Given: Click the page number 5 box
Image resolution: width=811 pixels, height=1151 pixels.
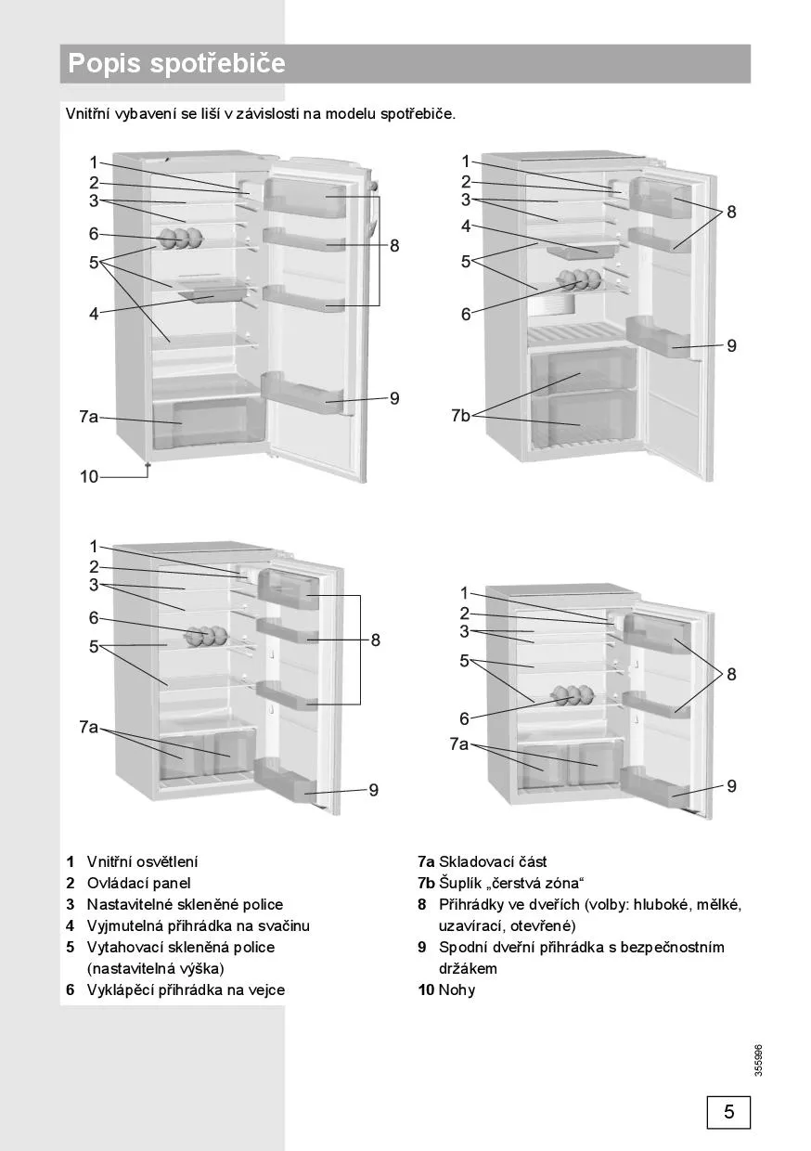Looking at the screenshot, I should [728, 1111].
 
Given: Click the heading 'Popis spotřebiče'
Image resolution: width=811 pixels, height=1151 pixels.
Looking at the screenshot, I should [176, 64].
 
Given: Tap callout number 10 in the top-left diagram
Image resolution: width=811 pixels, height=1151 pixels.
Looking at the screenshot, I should [89, 476].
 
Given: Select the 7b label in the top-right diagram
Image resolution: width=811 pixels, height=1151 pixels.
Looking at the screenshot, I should [460, 415].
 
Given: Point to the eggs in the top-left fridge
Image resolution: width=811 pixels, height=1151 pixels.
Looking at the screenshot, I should [179, 239].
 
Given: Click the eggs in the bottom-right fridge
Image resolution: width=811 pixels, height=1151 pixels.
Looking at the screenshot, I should [572, 695].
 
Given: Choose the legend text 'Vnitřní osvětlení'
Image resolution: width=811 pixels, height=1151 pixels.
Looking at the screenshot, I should [142, 862].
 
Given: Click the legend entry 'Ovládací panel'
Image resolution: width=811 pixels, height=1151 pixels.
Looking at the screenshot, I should [138, 884].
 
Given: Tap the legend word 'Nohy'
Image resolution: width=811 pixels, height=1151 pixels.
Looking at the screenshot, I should [457, 989].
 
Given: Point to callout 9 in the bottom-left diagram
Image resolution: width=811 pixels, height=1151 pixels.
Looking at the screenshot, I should [373, 790].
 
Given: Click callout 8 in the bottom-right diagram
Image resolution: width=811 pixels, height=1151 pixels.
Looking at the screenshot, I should [731, 675].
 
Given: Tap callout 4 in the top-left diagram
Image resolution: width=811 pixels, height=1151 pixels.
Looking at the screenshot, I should [94, 314].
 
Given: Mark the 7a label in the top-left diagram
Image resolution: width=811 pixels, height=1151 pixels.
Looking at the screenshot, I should [88, 417].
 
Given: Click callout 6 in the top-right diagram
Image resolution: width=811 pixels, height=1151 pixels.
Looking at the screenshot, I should [466, 315].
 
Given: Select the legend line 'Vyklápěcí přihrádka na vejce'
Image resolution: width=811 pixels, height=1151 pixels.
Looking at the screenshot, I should [186, 989].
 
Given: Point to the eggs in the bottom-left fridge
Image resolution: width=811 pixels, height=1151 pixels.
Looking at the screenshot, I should [206, 637].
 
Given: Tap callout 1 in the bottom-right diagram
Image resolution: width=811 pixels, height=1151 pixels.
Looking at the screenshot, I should [466, 593].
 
